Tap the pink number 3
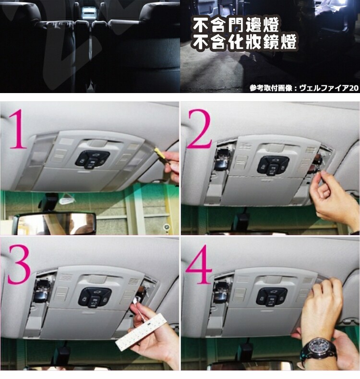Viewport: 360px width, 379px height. pyautogui.click(x=19, y=264)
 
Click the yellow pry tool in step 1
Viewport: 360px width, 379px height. pyautogui.click(x=160, y=154)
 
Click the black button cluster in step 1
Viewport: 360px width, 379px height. pyautogui.click(x=92, y=160)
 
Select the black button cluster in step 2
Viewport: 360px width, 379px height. pyautogui.click(x=273, y=166)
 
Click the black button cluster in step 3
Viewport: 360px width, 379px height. pyautogui.click(x=95, y=297)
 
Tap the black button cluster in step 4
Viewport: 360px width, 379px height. pyautogui.click(x=272, y=297)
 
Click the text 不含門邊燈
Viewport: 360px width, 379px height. pyautogui.click(x=236, y=24)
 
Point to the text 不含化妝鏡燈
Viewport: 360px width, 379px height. pyautogui.click(x=244, y=42)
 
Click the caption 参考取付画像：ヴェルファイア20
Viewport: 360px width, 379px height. pyautogui.click(x=304, y=88)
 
